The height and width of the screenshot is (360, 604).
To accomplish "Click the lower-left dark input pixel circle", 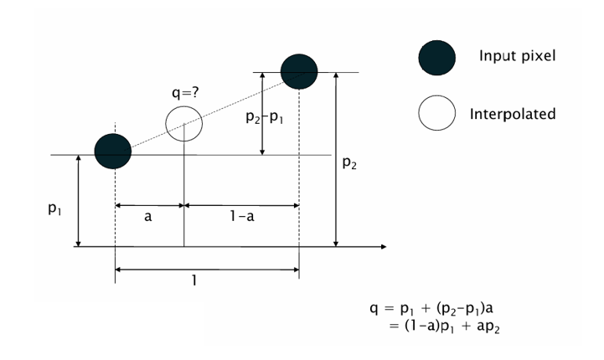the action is [113, 151].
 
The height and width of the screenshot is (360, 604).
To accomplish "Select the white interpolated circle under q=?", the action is [183, 124].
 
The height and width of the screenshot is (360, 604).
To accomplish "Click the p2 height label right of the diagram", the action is [350, 163].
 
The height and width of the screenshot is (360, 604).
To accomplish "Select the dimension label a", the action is [148, 217].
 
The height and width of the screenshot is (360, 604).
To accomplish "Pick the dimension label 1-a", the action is [241, 217].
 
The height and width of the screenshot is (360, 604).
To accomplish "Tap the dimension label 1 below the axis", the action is [195, 281].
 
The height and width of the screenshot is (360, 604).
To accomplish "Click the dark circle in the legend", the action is [436, 57].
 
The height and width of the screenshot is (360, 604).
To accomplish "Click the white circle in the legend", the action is [436, 113].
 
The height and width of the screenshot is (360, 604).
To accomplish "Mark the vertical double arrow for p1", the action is [78, 201].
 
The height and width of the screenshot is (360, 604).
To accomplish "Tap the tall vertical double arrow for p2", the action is [336, 159].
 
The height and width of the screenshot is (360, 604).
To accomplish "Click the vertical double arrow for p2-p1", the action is [264, 113].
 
